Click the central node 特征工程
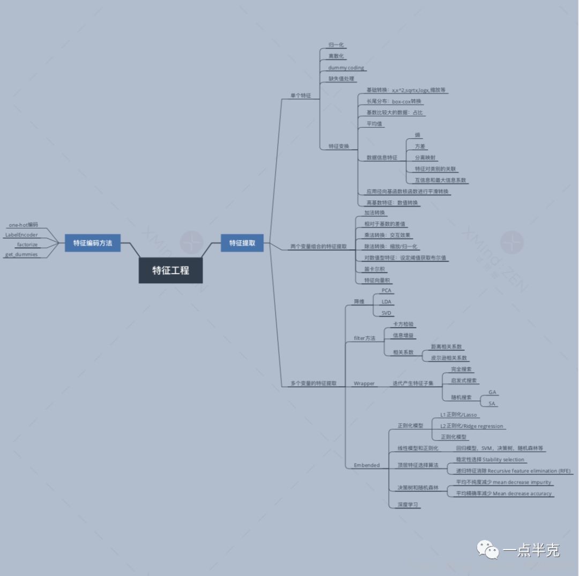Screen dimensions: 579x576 tap(170, 270)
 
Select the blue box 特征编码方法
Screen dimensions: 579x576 tap(93, 243)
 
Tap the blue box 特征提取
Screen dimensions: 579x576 tap(242, 243)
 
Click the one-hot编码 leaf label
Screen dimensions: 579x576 tap(24, 225)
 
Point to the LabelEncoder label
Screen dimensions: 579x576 tap(21, 235)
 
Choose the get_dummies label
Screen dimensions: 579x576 tap(21, 254)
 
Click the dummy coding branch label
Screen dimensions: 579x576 tap(346, 68)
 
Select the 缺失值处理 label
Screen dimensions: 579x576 tap(341, 79)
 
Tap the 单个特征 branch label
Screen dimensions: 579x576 tap(300, 95)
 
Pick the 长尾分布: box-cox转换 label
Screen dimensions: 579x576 tap(394, 101)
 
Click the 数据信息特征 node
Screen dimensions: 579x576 tap(382, 158)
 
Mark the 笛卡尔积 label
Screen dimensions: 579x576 tap(374, 269)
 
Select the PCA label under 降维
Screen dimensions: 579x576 tap(386, 290)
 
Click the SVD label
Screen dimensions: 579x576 tap(386, 313)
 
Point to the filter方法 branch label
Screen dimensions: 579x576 tap(365, 338)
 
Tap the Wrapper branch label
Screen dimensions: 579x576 tap(364, 383)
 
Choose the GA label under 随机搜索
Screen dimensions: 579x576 tap(492, 392)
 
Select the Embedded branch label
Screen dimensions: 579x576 tap(367, 465)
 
